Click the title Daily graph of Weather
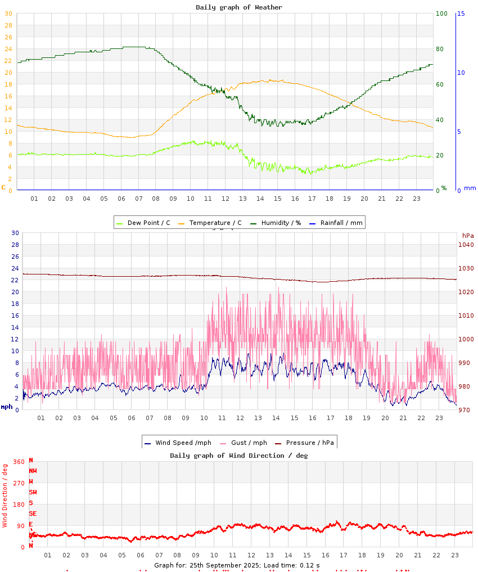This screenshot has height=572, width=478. pos(239,7)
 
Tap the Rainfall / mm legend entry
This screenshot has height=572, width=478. pos(341,223)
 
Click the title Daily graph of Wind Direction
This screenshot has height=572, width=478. pos(239,456)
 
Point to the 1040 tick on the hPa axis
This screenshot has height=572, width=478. pos(466,245)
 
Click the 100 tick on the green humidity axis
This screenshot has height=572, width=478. pos(441,13)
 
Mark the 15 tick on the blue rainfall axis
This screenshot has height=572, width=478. pos(461,13)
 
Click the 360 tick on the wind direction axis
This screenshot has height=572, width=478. pos(19,462)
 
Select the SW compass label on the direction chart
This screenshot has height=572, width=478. pos(33,492)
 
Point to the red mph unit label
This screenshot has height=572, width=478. pos(6,407)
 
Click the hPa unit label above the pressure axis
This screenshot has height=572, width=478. pos(468,236)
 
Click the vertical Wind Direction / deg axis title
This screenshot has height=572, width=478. pos(5,495)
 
